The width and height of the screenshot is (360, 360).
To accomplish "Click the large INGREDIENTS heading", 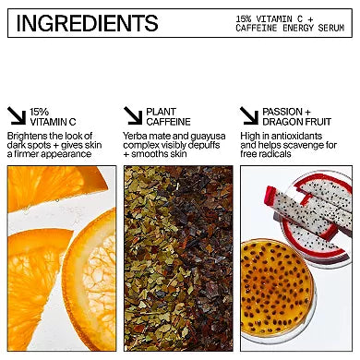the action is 87,23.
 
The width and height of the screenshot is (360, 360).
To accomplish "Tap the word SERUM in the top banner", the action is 331,28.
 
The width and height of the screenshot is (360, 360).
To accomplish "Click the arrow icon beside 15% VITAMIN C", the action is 17,115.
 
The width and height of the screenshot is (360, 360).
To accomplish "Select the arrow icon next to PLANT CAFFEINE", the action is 133,115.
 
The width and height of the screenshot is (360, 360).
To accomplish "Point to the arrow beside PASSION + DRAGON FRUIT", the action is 249,115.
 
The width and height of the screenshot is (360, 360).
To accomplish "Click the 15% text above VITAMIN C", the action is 39,112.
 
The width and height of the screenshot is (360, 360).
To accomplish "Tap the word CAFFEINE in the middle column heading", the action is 168,122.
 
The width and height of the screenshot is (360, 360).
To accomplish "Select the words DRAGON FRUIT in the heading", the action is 296,122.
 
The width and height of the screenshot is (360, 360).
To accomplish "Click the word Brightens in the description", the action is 27,136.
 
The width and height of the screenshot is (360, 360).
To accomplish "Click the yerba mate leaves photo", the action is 178,258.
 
